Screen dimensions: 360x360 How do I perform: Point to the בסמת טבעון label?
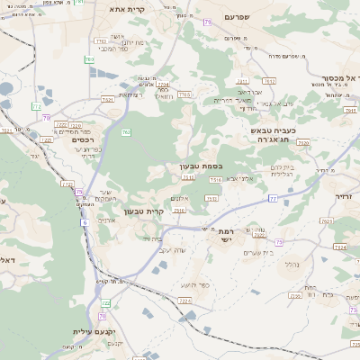pyautogui.click(x=200, y=166)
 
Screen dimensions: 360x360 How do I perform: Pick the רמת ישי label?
pyautogui.click(x=226, y=236)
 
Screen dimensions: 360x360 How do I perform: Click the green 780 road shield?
pyautogui.click(x=89, y=59)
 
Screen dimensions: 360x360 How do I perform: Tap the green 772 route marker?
pyautogui.click(x=66, y=184)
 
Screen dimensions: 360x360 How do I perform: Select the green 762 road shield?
pyautogui.click(x=126, y=132)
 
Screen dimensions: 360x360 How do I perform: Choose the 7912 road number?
pyautogui.click(x=269, y=81)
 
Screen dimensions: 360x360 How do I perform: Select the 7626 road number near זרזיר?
pyautogui.click(x=339, y=247)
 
